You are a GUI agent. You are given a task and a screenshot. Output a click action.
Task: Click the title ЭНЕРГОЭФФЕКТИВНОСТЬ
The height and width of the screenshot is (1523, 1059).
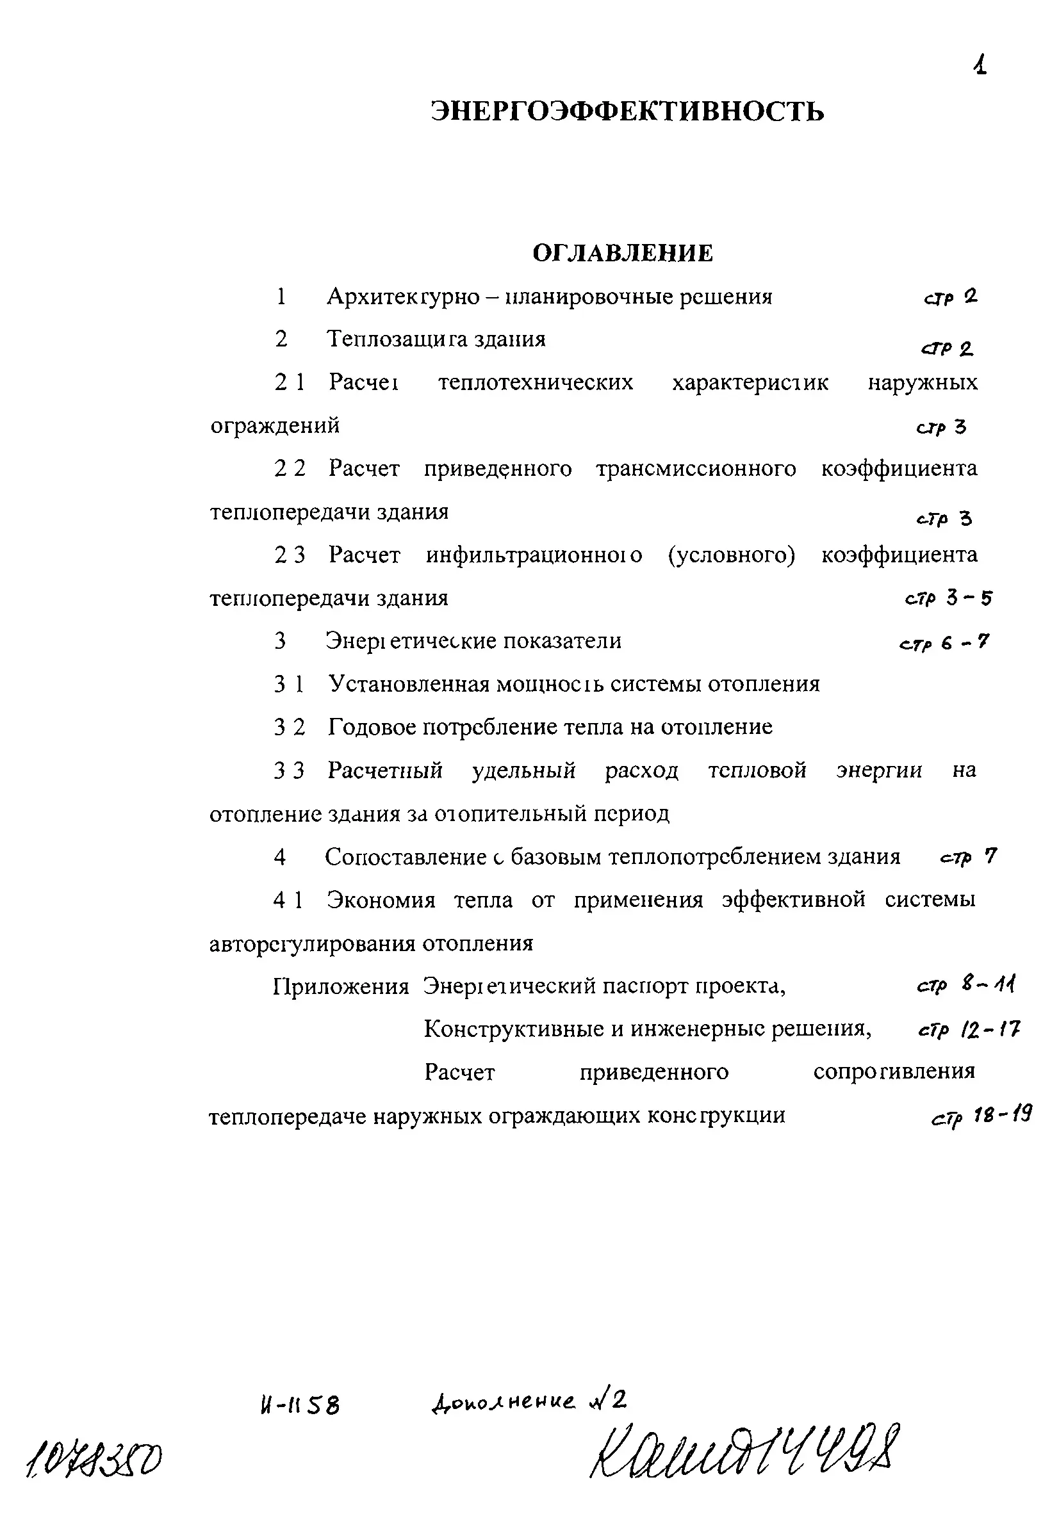[x=627, y=111]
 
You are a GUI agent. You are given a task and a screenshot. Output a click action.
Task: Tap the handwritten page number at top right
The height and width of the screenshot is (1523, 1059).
[x=980, y=65]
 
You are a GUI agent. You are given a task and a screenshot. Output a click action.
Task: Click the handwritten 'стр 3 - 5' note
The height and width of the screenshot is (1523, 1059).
[x=948, y=599]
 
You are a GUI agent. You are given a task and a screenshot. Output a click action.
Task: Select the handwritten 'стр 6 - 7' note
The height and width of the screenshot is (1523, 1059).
[x=944, y=643]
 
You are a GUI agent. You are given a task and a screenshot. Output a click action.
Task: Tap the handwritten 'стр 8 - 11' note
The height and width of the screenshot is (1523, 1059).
[x=965, y=985]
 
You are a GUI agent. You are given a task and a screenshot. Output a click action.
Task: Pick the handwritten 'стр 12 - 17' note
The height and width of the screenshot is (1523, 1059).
[x=969, y=1029]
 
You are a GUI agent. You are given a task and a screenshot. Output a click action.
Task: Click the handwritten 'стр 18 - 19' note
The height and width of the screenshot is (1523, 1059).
[x=981, y=1117]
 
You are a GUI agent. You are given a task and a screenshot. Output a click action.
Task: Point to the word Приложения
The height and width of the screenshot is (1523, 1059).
[x=341, y=987]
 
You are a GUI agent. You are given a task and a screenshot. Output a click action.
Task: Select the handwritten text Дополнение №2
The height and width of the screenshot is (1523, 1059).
[x=528, y=1401]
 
